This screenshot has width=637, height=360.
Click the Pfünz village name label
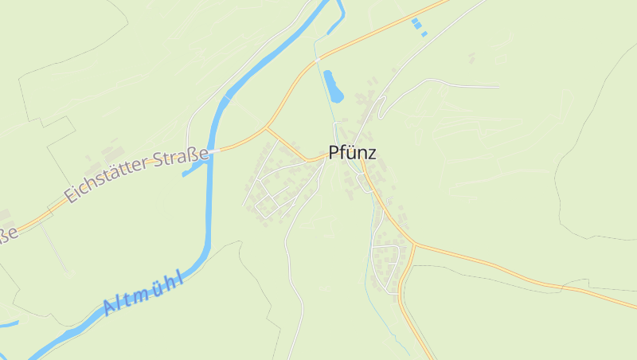pos(352,153)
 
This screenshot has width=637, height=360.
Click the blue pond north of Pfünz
pos(333,86)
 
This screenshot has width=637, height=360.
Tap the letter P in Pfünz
pos(334,153)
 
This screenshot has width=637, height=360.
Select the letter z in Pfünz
pos(371,154)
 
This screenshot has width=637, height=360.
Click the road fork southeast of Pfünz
pos(413,242)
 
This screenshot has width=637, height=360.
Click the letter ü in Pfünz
pos(351,153)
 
